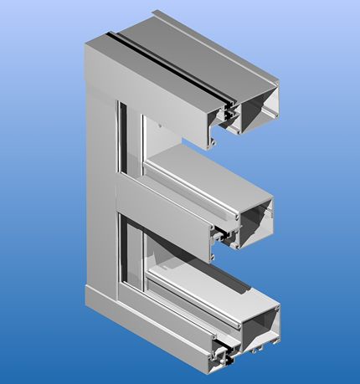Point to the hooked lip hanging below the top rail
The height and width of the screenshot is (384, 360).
coord(215,141)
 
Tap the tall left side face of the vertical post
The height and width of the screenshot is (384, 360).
coord(95,184)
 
